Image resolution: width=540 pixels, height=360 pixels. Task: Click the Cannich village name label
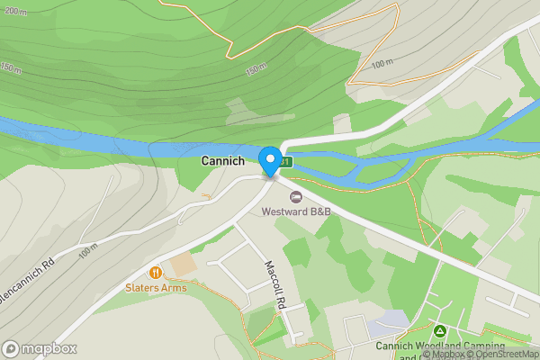(x=221, y=161)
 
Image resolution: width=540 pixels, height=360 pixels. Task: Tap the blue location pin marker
(x=269, y=161)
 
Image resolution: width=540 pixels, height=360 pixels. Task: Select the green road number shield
(x=285, y=162)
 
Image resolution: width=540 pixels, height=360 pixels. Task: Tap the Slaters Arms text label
(x=156, y=288)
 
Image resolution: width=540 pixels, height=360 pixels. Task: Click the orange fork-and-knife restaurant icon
(x=156, y=272)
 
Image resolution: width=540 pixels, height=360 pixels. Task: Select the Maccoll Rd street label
(x=274, y=286)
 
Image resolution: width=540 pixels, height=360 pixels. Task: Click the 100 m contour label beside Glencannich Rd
(x=88, y=253)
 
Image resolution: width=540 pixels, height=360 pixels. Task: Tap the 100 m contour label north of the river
(x=382, y=64)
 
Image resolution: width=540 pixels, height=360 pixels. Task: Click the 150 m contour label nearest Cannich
(x=256, y=69)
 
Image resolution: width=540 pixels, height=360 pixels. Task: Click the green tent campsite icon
(x=441, y=332)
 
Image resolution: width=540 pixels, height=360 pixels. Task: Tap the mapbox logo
(x=40, y=348)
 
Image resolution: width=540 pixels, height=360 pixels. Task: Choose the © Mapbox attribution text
(x=442, y=355)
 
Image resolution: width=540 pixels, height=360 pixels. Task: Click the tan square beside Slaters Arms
(x=182, y=265)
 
